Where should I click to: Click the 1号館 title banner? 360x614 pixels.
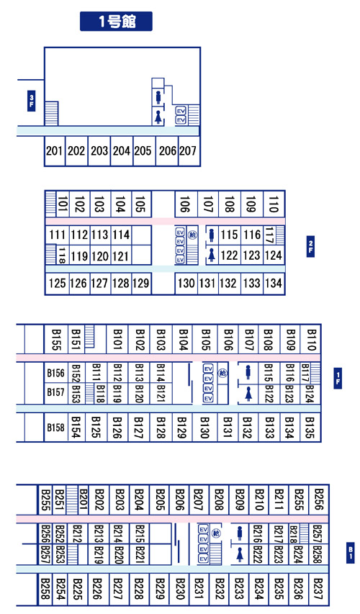[116, 21]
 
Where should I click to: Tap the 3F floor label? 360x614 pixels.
[32, 101]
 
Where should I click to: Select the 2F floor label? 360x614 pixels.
[310, 246]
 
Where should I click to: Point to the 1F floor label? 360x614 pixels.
[338, 379]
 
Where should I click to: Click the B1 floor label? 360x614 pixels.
[351, 553]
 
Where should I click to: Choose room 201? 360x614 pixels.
[55, 150]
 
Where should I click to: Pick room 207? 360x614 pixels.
[188, 150]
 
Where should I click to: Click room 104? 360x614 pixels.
[121, 204]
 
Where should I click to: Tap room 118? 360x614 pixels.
[62, 255]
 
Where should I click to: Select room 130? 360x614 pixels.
[186, 283]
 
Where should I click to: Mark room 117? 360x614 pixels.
[269, 235]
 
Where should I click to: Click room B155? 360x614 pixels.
[56, 340]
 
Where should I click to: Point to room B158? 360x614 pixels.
[55, 428]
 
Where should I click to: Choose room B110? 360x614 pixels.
[312, 340]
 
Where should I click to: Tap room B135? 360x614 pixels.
[310, 428]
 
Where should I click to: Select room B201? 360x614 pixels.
[84, 500]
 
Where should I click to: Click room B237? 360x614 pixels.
[318, 589]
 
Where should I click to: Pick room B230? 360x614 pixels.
[180, 589]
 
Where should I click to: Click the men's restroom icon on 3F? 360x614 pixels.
[158, 96]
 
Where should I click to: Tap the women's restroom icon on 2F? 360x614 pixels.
[212, 255]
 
